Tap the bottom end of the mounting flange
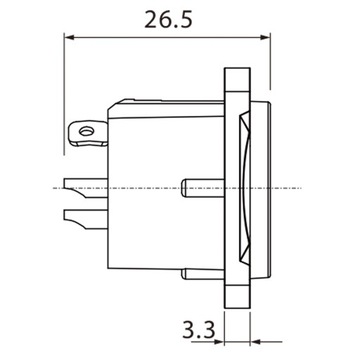point(235,302)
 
